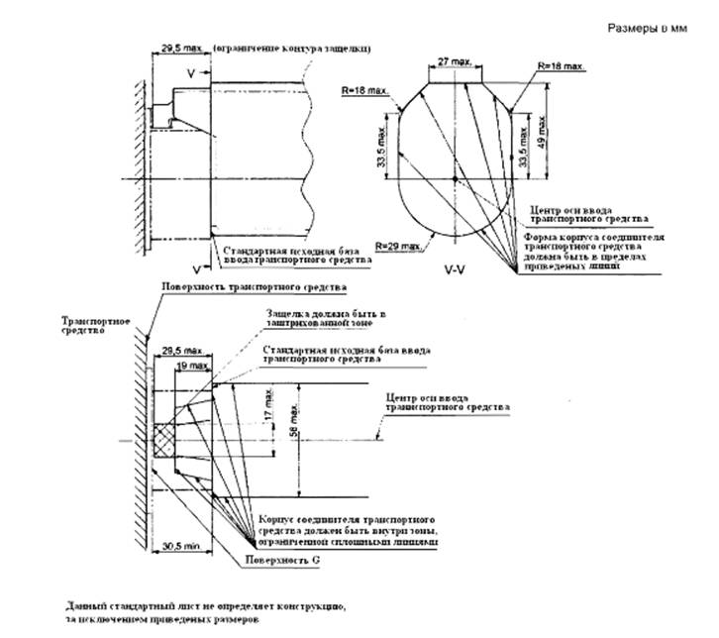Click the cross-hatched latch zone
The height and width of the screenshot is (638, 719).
[166, 437]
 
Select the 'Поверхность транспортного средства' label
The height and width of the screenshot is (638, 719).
[254, 286]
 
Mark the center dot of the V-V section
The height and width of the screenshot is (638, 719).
[453, 179]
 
